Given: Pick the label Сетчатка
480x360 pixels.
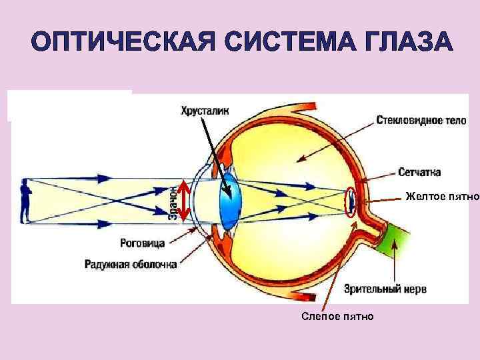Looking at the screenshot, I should tap(419, 173).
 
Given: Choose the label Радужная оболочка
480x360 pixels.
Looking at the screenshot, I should tap(131, 264).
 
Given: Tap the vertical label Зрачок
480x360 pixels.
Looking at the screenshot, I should tap(172, 202).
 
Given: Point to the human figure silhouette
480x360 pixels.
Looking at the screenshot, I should tap(26, 201).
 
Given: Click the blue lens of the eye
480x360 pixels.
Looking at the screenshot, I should tap(230, 200).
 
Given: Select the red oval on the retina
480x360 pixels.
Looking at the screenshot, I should tap(351, 201).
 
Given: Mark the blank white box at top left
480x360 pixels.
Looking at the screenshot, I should tap(69, 105).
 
